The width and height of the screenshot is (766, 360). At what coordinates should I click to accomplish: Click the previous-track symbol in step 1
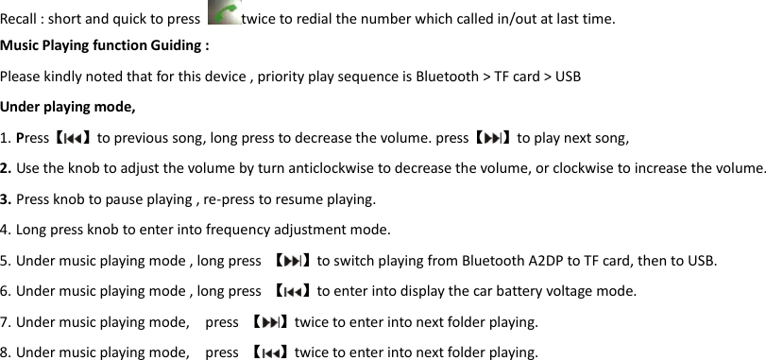pyautogui.click(x=72, y=138)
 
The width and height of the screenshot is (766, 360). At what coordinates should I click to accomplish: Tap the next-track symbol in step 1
pyautogui.click(x=492, y=138)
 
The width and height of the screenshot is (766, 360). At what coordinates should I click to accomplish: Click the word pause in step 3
pyautogui.click(x=114, y=199)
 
